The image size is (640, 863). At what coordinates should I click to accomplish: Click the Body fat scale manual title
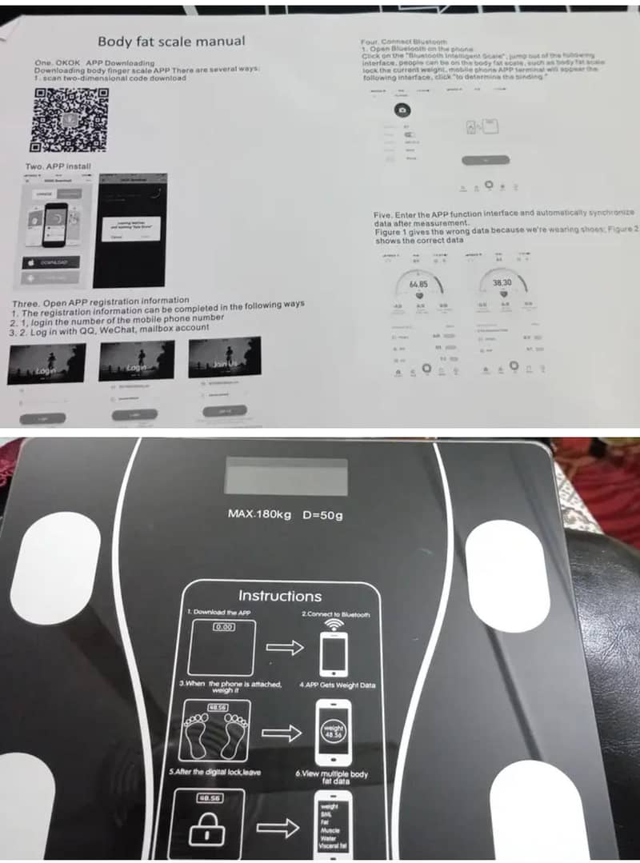point(171,41)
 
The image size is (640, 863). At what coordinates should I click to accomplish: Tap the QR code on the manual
point(70,120)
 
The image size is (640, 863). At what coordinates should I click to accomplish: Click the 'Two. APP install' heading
point(58,166)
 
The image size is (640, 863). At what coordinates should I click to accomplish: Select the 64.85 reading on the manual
point(418,284)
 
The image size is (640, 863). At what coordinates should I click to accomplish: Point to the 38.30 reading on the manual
point(502,283)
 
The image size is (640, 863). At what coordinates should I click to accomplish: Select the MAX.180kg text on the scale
point(260,513)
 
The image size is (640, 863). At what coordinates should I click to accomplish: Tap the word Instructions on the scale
point(280,596)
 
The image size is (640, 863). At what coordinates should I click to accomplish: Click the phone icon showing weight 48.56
point(334,729)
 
